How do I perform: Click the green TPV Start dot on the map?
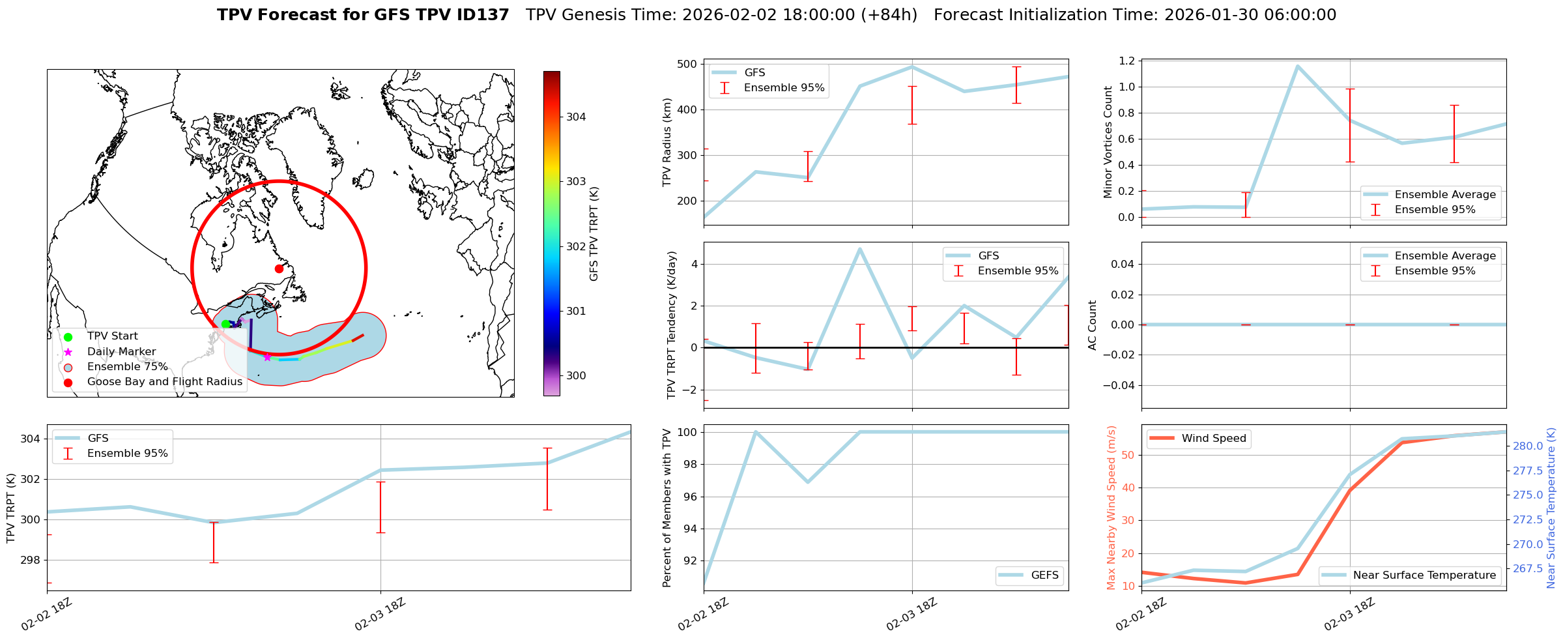(x=225, y=324)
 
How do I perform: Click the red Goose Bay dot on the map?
(x=279, y=269)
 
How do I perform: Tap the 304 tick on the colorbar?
(x=575, y=117)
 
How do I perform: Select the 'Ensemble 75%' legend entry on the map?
(x=127, y=367)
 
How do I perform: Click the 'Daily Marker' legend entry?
(x=121, y=352)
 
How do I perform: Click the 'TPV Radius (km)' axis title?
(x=667, y=142)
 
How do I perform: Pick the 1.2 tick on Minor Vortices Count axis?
(x=1126, y=61)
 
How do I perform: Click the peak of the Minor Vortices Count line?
(x=1297, y=66)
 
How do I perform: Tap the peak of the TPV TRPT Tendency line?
(x=860, y=249)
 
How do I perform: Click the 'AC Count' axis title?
(x=1093, y=325)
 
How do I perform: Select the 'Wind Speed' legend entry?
(x=1213, y=439)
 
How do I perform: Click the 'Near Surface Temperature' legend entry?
(x=1424, y=575)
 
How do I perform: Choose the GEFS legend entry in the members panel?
(x=1044, y=575)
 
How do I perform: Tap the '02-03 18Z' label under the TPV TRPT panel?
(x=380, y=615)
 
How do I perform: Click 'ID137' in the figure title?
(x=482, y=15)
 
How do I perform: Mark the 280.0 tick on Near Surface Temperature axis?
(x=1527, y=446)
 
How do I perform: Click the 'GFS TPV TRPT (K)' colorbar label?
(x=594, y=234)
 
